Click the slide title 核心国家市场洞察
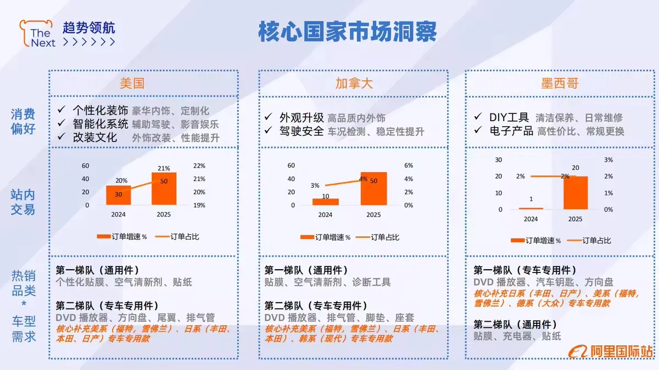click(x=347, y=32)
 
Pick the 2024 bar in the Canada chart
click(x=326, y=202)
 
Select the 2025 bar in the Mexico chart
click(x=575, y=193)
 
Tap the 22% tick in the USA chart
click(x=200, y=166)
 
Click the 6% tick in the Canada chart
click(x=409, y=166)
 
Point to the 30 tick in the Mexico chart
click(x=499, y=160)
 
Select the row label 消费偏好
click(x=23, y=122)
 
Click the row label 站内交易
click(x=23, y=202)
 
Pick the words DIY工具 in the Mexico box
click(x=509, y=117)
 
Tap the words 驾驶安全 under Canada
click(x=301, y=132)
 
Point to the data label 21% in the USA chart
click(x=164, y=168)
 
